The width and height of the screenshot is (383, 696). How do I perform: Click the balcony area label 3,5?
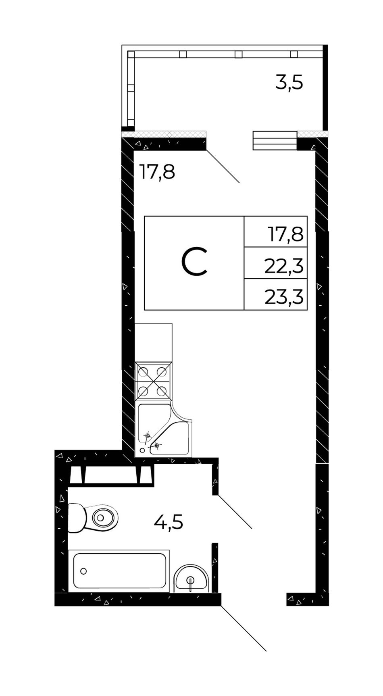289,83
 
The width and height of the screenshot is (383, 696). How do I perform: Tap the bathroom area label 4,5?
169,523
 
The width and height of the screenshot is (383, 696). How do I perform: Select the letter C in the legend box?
194,263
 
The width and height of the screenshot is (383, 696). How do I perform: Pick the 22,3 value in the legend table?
283,266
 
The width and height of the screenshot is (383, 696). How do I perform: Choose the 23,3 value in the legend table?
283,298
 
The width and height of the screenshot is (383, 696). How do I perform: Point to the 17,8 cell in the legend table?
285,234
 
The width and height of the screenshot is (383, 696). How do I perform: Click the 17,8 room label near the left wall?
157,172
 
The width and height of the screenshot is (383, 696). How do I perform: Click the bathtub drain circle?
83,571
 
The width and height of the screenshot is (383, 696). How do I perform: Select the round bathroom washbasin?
191,579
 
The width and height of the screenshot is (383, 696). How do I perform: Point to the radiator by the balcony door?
275,141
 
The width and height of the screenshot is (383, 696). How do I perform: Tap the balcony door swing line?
223,167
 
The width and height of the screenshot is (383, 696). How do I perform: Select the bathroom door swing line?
235,511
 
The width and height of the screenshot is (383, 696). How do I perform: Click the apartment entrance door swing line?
244,628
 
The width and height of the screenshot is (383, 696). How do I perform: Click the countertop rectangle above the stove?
154,342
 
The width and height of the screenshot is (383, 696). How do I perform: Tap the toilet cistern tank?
76,517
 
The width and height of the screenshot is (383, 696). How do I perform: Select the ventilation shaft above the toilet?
111,475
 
